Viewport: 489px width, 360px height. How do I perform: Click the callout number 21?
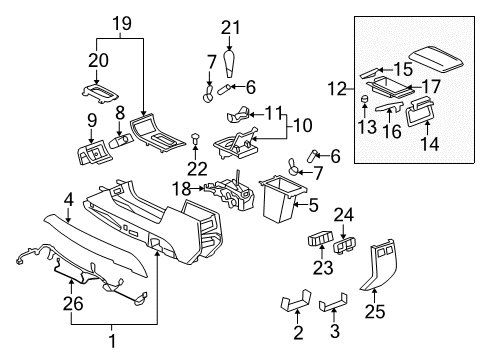[x=232, y=27]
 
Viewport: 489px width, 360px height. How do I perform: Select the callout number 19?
[x=122, y=22]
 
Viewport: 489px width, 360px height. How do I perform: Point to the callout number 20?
[x=96, y=60]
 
